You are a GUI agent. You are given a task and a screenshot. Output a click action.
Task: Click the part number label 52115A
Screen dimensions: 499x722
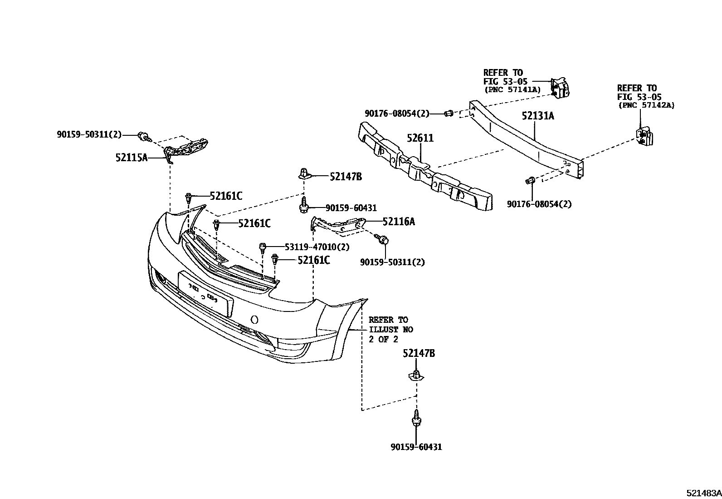click(x=132, y=158)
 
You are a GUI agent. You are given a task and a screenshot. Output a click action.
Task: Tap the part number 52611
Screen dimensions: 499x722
click(x=420, y=138)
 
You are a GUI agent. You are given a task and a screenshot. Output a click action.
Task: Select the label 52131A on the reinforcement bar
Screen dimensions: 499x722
click(x=537, y=116)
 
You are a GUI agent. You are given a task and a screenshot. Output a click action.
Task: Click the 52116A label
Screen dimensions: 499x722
click(x=398, y=222)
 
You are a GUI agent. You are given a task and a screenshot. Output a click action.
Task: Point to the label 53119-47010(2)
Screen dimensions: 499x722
click(x=317, y=247)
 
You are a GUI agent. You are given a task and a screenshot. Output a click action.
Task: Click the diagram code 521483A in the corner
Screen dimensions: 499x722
click(x=703, y=493)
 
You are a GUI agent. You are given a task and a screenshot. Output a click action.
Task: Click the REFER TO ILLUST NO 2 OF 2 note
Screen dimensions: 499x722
click(x=390, y=330)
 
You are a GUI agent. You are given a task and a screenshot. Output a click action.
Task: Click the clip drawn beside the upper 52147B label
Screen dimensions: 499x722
click(x=304, y=174)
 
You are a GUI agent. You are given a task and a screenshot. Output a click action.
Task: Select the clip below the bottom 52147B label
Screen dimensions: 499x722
click(x=416, y=375)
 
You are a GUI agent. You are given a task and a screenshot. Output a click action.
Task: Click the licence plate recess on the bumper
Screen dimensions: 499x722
click(x=206, y=293)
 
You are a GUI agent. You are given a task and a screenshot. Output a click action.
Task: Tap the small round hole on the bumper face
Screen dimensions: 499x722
click(x=255, y=319)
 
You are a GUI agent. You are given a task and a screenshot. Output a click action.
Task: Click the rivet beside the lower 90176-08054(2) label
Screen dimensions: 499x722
click(x=529, y=181)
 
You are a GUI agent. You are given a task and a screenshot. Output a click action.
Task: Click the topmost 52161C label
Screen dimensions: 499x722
click(x=226, y=196)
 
